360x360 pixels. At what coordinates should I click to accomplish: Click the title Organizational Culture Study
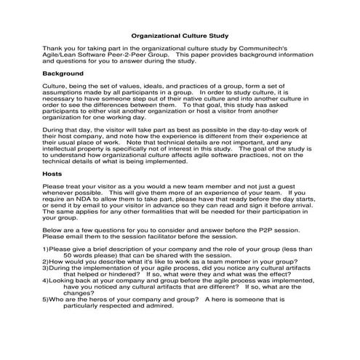click(x=179, y=35)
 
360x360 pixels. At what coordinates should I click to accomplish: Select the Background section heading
click(x=63, y=73)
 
